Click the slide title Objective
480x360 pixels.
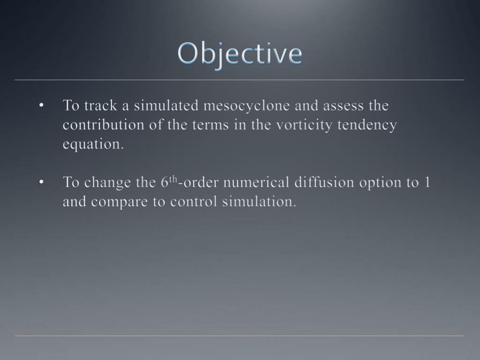point(240,54)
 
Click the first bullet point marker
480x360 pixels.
point(42,106)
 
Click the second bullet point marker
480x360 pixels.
point(42,182)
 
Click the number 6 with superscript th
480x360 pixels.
point(166,182)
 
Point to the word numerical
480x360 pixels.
point(256,182)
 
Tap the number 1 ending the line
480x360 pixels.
point(427,182)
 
